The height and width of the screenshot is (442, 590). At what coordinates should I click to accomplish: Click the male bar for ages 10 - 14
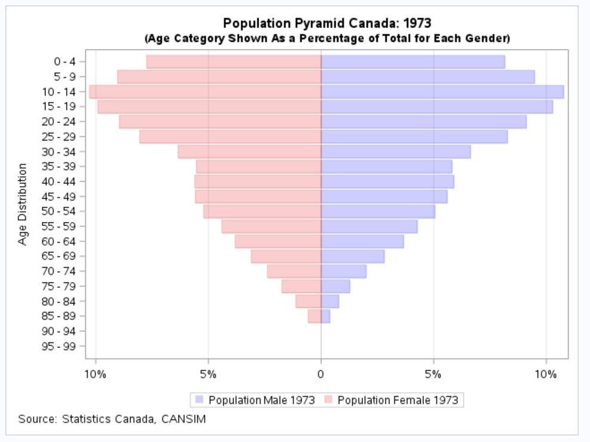[442, 91]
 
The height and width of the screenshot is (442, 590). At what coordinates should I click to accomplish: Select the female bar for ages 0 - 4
[233, 62]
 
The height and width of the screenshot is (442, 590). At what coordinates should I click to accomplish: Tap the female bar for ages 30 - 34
[249, 152]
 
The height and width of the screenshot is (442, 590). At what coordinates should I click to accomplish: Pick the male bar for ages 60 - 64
[362, 241]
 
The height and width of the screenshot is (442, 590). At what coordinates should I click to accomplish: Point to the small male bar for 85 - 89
[325, 316]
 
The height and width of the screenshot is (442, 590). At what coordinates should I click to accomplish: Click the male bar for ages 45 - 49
[384, 197]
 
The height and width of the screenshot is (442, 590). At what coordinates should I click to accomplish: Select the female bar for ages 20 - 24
[220, 121]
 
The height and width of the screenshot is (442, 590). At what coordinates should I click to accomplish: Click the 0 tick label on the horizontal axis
[321, 375]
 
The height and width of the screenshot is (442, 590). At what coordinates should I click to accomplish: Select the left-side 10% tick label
[96, 375]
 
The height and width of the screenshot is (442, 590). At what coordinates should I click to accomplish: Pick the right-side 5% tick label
[433, 375]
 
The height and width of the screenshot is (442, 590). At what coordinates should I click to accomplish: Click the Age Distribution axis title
[23, 204]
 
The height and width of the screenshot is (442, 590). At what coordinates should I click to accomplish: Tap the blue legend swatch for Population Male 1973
[199, 400]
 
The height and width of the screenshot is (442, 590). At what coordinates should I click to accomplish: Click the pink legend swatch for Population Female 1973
[328, 400]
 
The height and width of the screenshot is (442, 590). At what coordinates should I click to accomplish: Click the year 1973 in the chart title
[417, 23]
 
